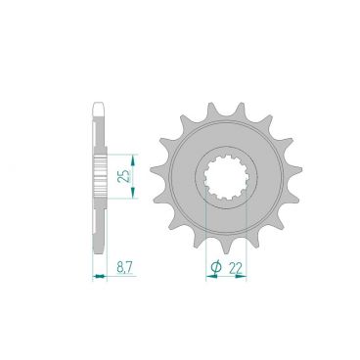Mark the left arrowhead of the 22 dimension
tap(207, 277)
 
